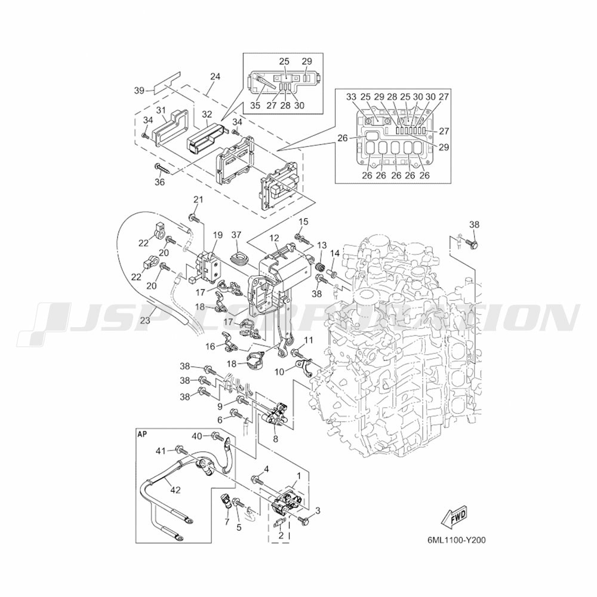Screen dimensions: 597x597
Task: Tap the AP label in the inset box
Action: click(142, 434)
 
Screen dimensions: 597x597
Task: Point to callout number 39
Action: click(139, 90)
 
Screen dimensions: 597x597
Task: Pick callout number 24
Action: click(216, 76)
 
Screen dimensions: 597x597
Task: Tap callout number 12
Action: click(273, 238)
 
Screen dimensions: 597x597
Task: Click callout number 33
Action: click(351, 97)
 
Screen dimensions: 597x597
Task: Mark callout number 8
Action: click(275, 438)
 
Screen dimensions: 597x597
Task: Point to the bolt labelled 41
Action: click(179, 449)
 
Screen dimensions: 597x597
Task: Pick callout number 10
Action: click(279, 371)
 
